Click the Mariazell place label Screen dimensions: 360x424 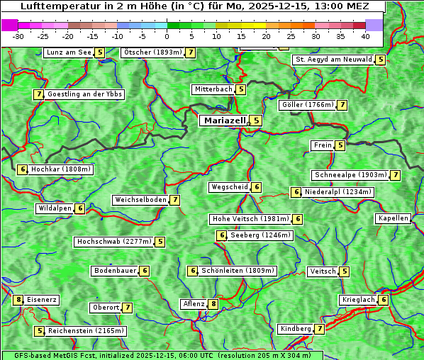click(x=224, y=120)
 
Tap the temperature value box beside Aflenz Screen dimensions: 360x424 click(x=213, y=304)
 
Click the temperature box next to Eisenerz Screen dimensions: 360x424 click(x=18, y=300)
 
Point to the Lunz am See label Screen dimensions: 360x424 click(x=68, y=52)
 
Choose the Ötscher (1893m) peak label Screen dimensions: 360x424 click(x=152, y=52)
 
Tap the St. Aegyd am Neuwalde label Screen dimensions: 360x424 click(x=333, y=60)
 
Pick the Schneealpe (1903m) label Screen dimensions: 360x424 click(x=350, y=175)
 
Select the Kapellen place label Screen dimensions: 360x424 click(x=393, y=218)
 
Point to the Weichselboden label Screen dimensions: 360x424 click(x=140, y=200)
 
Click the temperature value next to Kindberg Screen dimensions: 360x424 click(x=320, y=329)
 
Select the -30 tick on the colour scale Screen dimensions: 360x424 click(x=18, y=35)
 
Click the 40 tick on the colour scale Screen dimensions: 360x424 click(x=365, y=35)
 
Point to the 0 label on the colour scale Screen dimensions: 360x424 click(x=167, y=35)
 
